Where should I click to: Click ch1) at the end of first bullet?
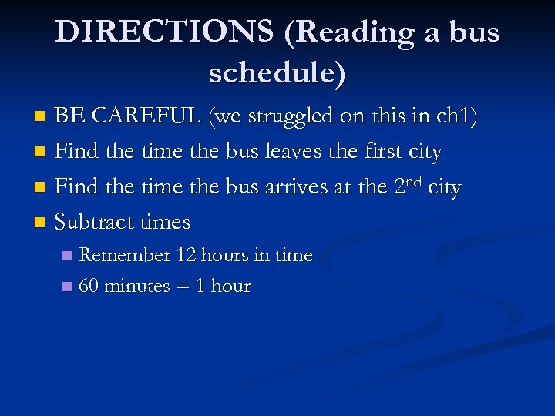(x=457, y=116)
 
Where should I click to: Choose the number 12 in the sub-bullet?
(x=187, y=255)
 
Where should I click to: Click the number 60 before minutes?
(x=89, y=286)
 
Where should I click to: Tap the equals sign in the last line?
(x=183, y=287)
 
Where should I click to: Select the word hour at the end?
(x=230, y=286)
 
